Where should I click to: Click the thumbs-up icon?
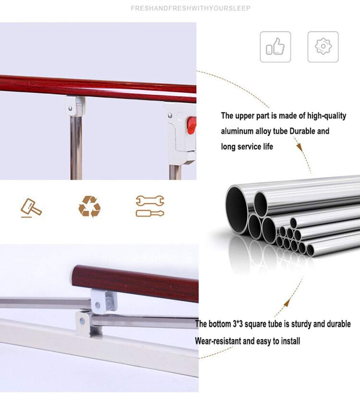pyautogui.click(x=275, y=46)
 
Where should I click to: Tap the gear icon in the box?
pyautogui.click(x=323, y=46)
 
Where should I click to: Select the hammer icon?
pyautogui.click(x=31, y=208)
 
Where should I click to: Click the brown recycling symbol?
pyautogui.click(x=90, y=206)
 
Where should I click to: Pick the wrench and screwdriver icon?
pyautogui.click(x=150, y=206)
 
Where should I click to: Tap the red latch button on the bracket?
pyautogui.click(x=192, y=125)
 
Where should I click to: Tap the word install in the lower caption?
pyautogui.click(x=290, y=341)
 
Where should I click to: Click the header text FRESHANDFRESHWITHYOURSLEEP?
pyautogui.click(x=191, y=8)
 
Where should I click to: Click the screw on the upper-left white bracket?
pyautogui.click(x=70, y=109)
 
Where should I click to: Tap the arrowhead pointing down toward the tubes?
pyautogui.click(x=299, y=147)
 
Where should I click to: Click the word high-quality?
pyautogui.click(x=327, y=116)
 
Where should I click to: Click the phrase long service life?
pyautogui.click(x=247, y=147)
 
